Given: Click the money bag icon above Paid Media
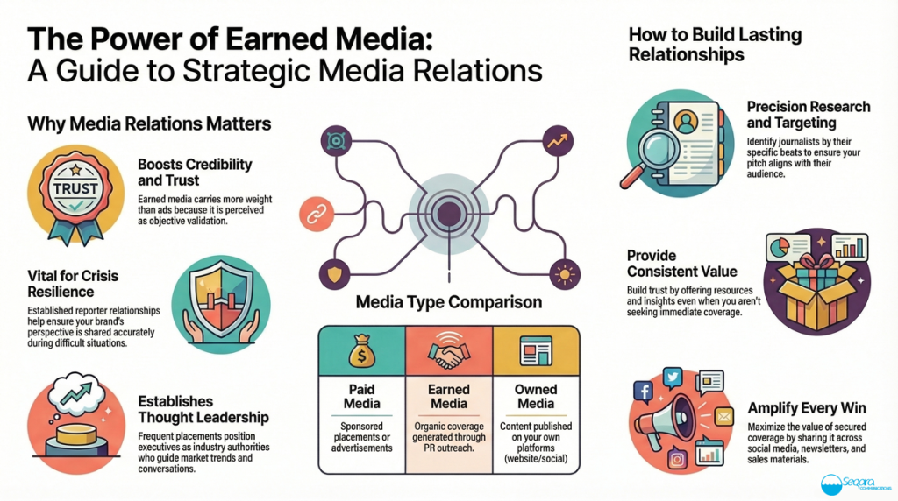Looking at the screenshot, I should click(x=360, y=355).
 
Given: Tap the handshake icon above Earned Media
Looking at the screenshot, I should click(x=448, y=355).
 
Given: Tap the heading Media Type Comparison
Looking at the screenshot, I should click(x=448, y=304).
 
